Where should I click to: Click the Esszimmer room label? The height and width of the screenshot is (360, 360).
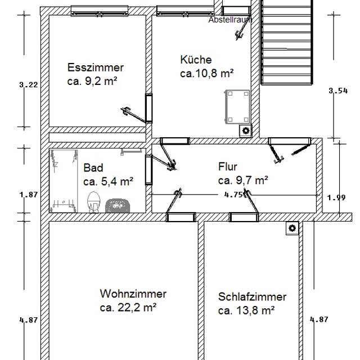tap(95, 68)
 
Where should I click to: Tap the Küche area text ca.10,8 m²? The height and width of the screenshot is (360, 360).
tap(207, 73)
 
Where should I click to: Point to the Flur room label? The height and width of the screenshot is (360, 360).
tap(228, 166)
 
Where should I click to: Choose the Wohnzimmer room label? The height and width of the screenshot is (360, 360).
tap(133, 294)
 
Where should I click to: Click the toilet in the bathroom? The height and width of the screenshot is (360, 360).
tap(93, 201)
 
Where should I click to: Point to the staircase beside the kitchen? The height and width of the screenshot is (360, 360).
tap(287, 42)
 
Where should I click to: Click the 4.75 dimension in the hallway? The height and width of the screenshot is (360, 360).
tap(232, 195)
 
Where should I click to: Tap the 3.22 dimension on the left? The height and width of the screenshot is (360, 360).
tap(28, 85)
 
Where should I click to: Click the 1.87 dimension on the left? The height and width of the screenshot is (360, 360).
tap(28, 195)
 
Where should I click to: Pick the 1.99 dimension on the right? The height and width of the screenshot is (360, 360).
tap(336, 197)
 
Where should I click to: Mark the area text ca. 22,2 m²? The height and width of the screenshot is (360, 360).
tap(128, 307)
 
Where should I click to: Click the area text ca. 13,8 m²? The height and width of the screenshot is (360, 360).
tap(246, 310)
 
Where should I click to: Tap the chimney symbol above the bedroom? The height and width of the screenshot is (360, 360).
tap(292, 228)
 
